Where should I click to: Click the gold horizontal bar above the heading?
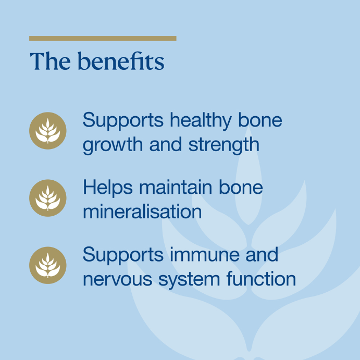click(x=103, y=39)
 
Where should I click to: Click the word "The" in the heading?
click(x=51, y=61)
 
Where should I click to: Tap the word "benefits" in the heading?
click(x=121, y=61)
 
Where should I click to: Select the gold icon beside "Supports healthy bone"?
click(x=48, y=131)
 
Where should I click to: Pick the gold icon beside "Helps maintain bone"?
click(x=48, y=198)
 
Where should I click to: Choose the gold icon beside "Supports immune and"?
click(x=48, y=265)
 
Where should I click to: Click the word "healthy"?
click(x=201, y=121)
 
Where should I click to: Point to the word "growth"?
click(x=113, y=146)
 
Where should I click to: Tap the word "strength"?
click(x=224, y=146)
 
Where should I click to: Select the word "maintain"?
click(x=176, y=187)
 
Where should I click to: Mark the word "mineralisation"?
click(x=142, y=211)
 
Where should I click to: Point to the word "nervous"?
click(x=117, y=279)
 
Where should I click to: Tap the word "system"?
click(x=189, y=281)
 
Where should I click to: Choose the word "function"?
click(x=262, y=279)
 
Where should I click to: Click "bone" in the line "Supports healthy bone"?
click(x=260, y=120)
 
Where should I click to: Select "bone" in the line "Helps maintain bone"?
click(x=241, y=187)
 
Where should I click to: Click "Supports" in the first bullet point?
click(x=123, y=121)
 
